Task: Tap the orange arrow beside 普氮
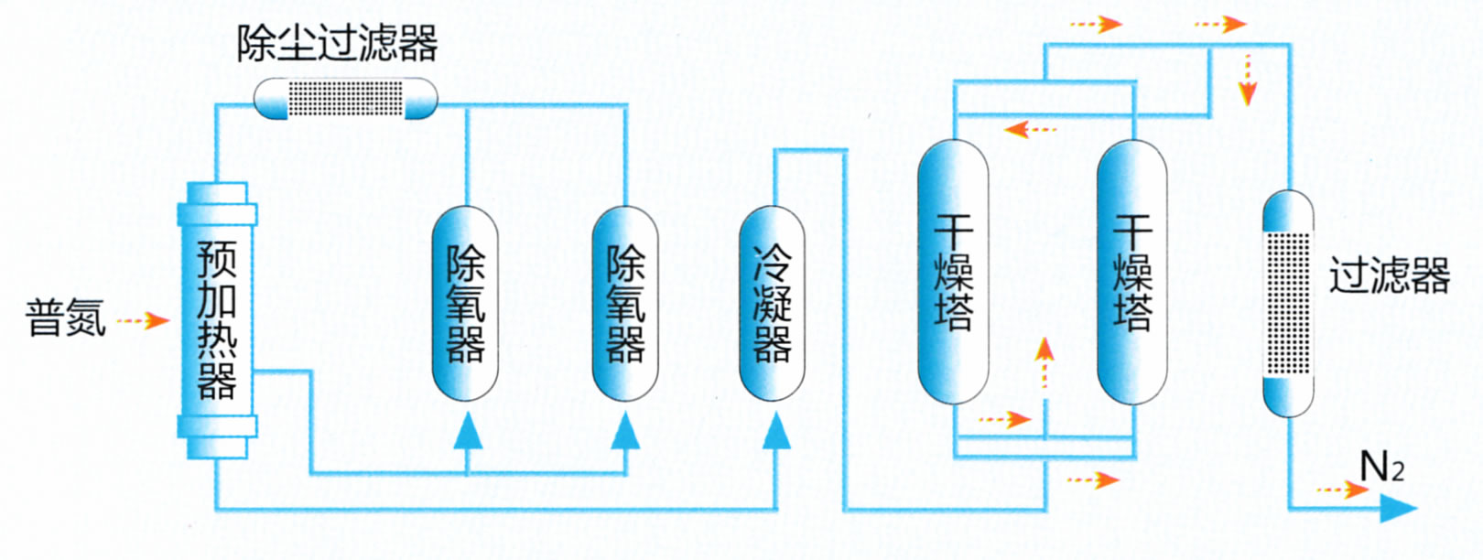tap(145, 320)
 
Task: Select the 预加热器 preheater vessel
tap(217, 320)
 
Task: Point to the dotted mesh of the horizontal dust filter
tap(345, 98)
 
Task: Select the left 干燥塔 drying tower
tap(953, 272)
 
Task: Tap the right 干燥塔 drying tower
tap(1132, 272)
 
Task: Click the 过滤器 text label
tap(1389, 275)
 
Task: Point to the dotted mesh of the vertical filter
tap(1288, 302)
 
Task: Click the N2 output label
tap(1381, 468)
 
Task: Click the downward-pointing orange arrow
tap(1247, 79)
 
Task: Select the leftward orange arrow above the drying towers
tap(1030, 129)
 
